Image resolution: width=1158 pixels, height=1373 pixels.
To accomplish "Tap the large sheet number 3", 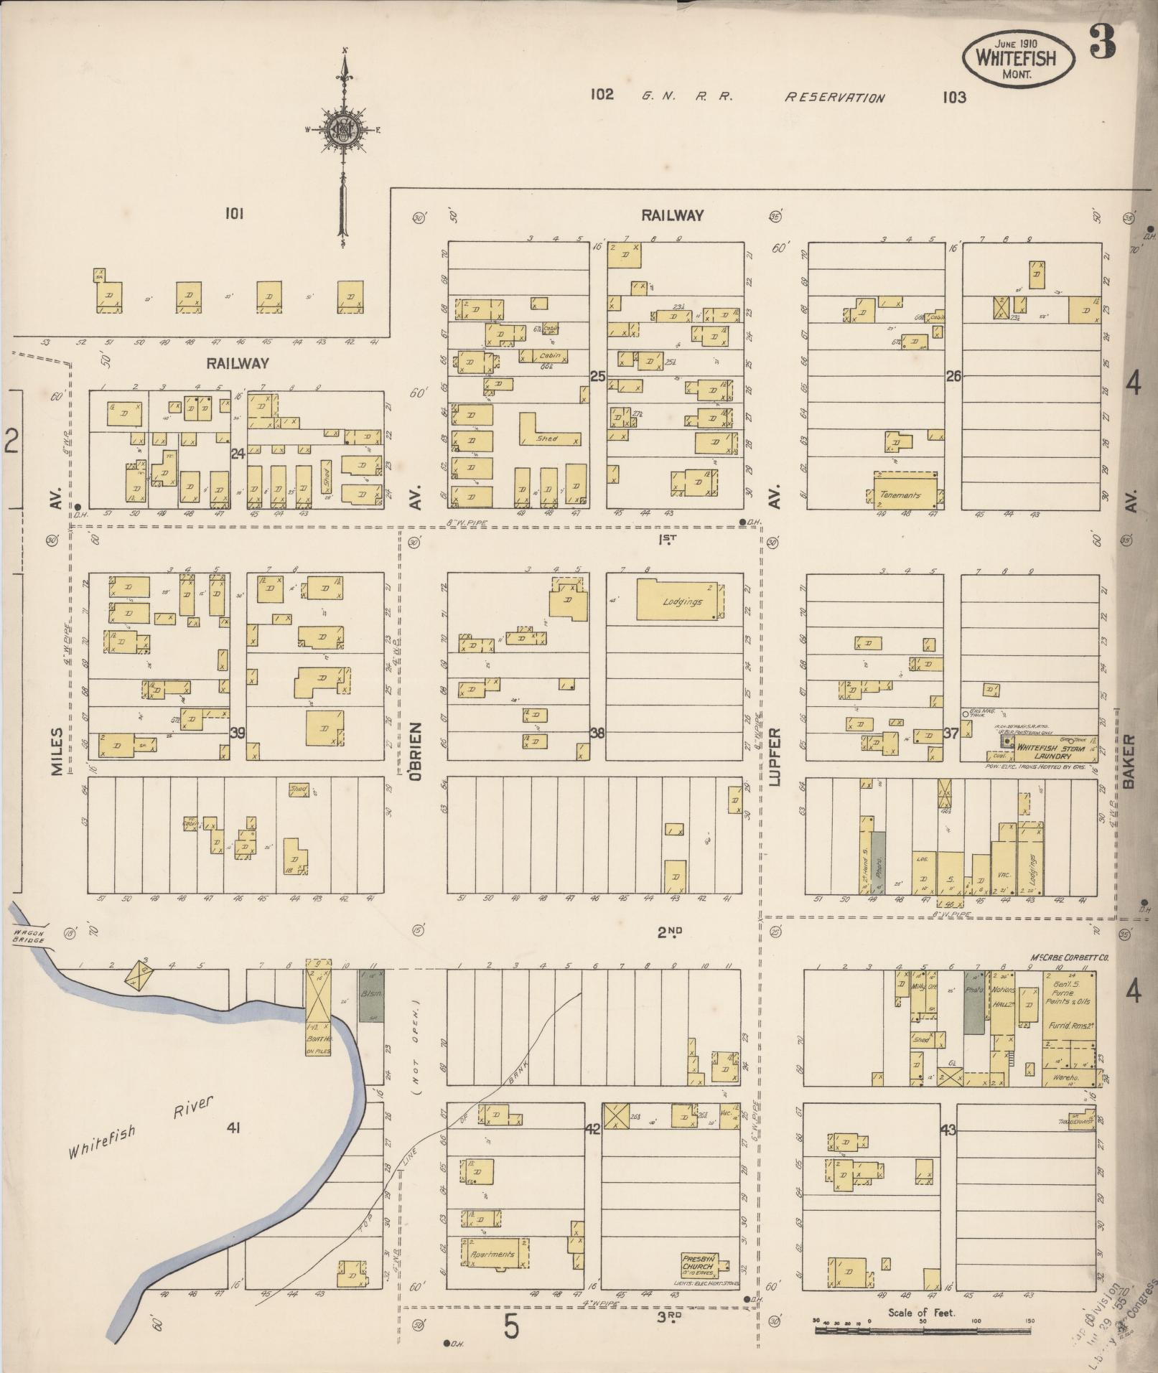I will pos(1103,43).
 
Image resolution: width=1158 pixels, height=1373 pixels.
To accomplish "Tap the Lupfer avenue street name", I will pos(775,757).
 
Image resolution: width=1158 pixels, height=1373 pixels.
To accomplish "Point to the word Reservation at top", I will pos(834,98).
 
